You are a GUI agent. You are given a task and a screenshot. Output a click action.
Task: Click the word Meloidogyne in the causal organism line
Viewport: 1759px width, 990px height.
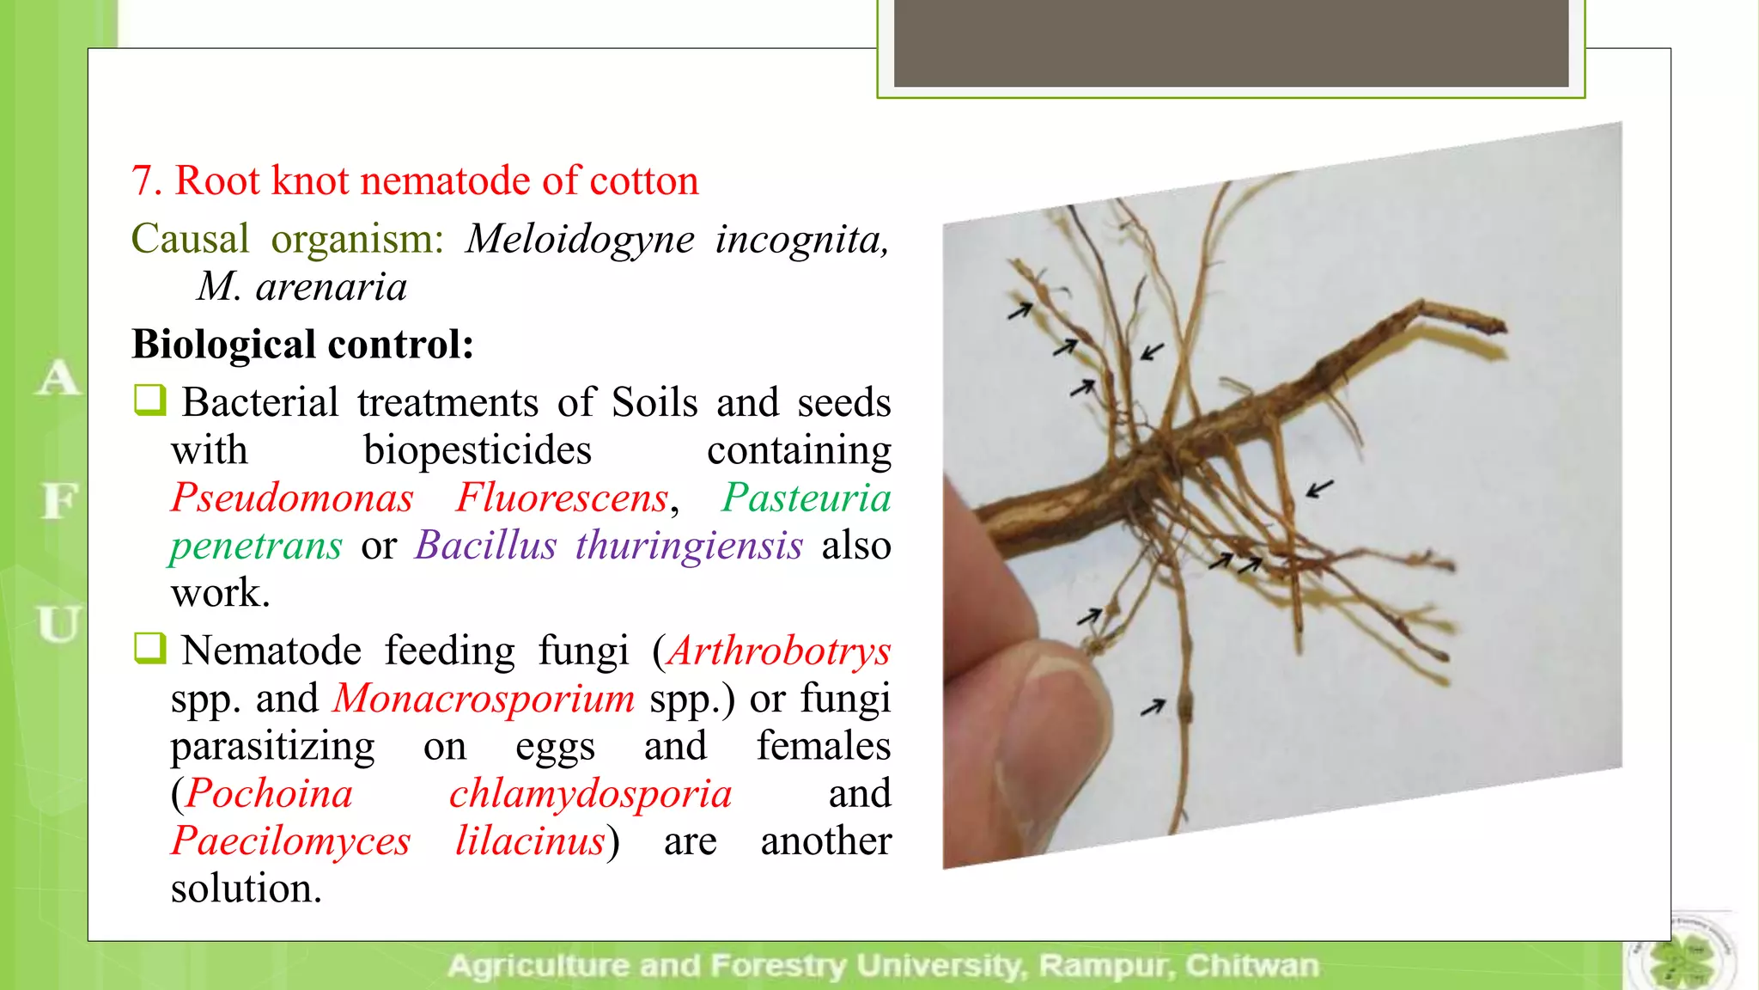click(x=580, y=240)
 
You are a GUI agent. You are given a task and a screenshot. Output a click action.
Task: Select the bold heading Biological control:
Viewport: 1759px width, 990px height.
click(x=302, y=345)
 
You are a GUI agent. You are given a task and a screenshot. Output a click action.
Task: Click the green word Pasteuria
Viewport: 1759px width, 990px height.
click(x=806, y=498)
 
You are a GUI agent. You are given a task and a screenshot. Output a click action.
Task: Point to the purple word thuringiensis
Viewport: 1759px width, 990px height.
click(x=689, y=546)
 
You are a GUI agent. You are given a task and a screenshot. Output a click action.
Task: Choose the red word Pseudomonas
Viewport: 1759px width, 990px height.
click(x=292, y=498)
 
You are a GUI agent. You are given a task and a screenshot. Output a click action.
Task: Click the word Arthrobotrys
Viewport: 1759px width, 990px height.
click(x=779, y=651)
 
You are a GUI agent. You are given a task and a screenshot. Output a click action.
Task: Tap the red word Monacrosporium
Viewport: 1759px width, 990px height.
click(x=484, y=698)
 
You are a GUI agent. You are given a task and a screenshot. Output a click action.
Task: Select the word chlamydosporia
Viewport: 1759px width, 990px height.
click(x=590, y=793)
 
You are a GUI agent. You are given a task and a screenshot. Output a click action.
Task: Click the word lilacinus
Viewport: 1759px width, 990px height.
click(x=530, y=841)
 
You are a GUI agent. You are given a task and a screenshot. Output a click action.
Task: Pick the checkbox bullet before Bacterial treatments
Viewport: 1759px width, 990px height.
click(x=149, y=400)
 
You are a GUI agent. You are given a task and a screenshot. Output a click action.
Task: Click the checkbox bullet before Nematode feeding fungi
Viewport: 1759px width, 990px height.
click(x=149, y=648)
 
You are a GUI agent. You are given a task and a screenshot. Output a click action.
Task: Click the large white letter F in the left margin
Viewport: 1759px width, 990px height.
click(x=58, y=500)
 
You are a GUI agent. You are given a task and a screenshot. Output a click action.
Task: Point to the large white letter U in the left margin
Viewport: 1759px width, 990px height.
click(x=58, y=624)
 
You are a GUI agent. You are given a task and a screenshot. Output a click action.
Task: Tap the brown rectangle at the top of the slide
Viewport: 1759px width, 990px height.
click(x=1231, y=43)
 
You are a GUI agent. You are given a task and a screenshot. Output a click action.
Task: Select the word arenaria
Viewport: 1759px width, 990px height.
click(x=331, y=287)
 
